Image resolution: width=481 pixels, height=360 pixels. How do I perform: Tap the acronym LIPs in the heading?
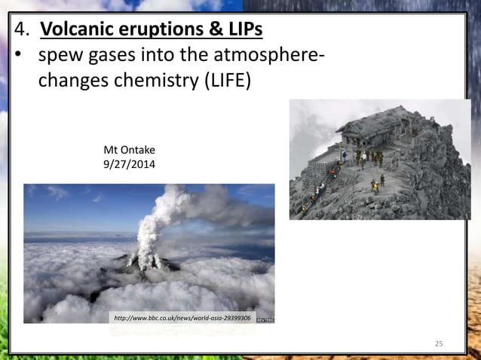tap(243, 31)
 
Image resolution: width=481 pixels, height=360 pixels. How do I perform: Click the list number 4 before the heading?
tap(21, 31)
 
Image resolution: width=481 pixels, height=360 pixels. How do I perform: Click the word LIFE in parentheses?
tap(225, 81)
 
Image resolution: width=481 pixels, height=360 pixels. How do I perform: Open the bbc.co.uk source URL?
tap(182, 319)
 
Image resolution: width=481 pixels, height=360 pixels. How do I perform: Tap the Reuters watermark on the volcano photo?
tap(265, 319)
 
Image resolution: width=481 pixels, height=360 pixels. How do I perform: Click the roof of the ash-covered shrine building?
tap(373, 121)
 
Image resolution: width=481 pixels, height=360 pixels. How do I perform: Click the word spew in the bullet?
tap(61, 57)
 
